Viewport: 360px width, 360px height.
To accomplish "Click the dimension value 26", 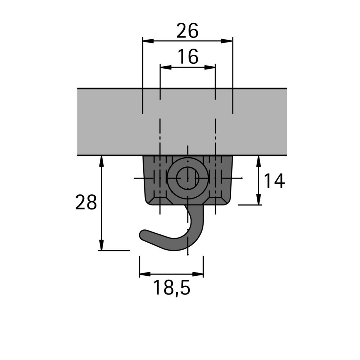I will click(x=187, y=31).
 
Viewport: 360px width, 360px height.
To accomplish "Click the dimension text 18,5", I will click(x=171, y=288).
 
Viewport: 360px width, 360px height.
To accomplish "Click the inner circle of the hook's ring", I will click(x=188, y=178).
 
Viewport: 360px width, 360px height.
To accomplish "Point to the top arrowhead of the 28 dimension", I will click(x=102, y=161).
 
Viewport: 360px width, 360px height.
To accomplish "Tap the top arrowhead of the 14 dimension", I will click(x=258, y=161).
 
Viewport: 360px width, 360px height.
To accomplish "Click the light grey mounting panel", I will click(x=108, y=122).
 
